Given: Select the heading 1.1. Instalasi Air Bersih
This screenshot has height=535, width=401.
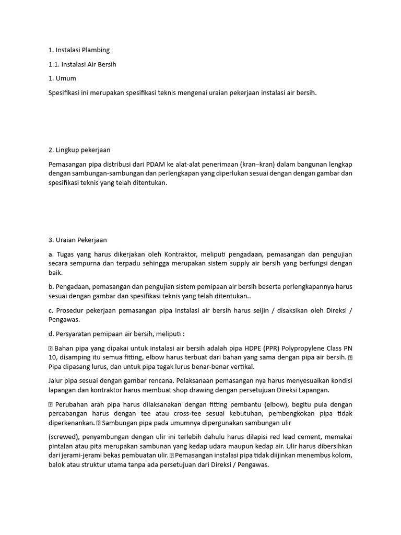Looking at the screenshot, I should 82,64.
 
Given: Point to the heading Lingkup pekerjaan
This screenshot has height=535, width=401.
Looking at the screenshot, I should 82,150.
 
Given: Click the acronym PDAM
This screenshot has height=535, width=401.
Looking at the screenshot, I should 165,164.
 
